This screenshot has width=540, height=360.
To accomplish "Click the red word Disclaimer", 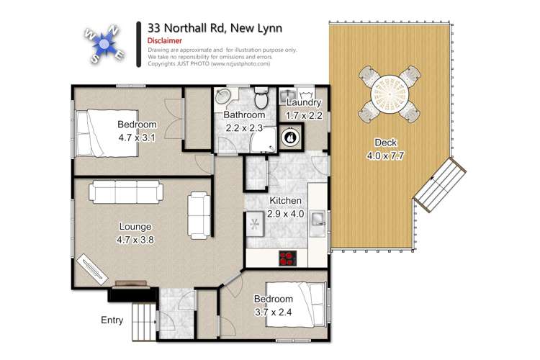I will pos(165,41).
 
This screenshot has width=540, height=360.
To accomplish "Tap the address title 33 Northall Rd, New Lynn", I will pos(214,27).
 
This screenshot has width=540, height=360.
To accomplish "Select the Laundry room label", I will pos(303,104).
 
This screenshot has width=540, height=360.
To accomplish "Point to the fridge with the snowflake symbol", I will pos(255,224).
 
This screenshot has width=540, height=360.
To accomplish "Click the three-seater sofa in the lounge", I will pos(127,192).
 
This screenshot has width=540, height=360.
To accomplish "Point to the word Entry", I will pos(113,320).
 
